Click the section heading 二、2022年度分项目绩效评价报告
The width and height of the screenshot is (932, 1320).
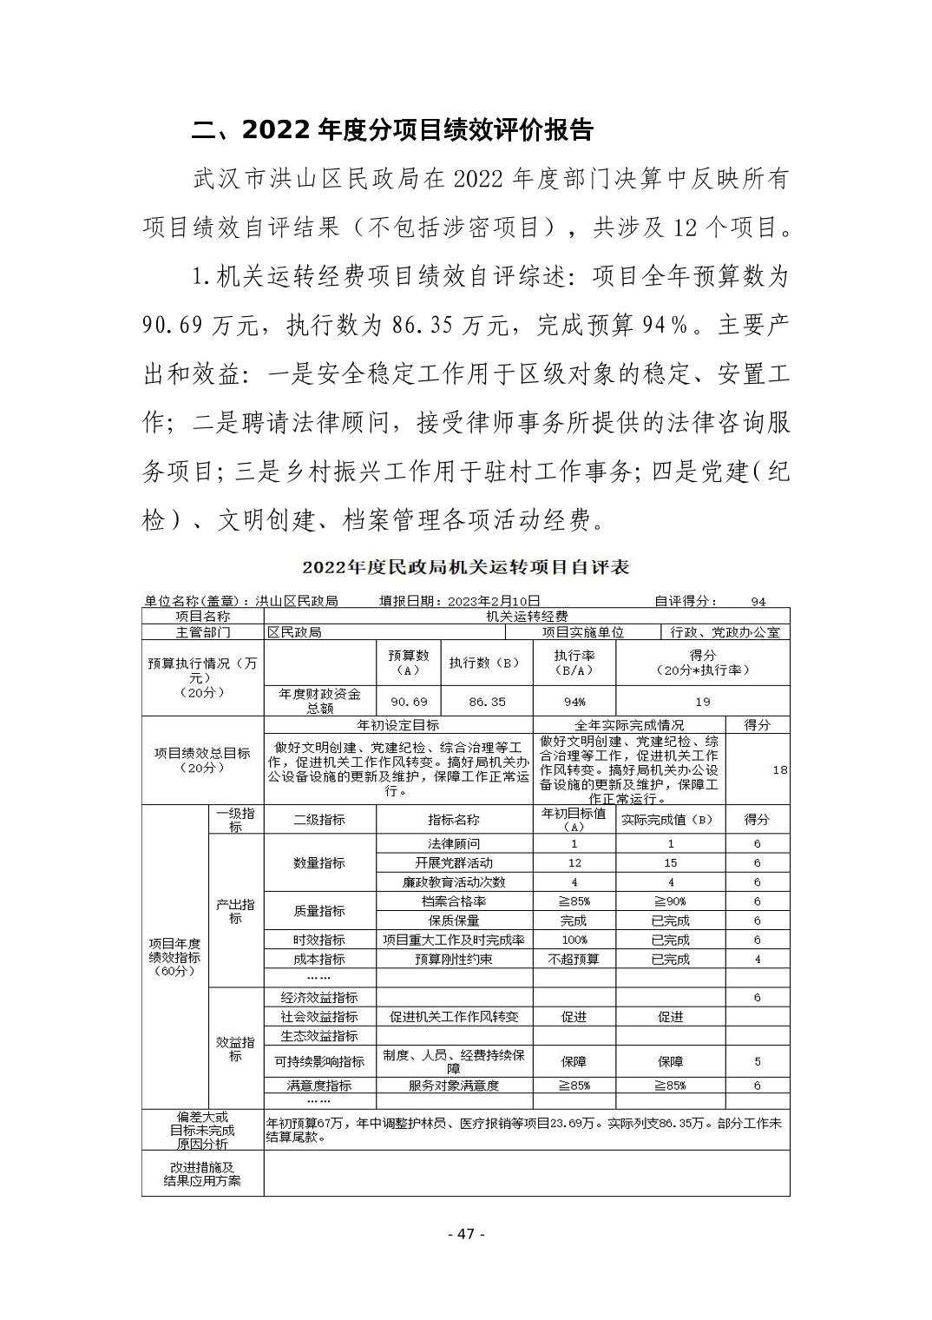click(x=391, y=130)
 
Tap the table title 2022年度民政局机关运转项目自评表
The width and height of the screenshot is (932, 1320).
click(x=465, y=567)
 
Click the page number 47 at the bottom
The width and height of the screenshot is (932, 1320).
click(x=465, y=1234)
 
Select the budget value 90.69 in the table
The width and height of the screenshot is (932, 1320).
click(x=409, y=702)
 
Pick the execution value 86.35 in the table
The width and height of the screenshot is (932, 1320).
click(x=487, y=702)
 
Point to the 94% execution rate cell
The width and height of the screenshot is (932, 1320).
click(x=574, y=702)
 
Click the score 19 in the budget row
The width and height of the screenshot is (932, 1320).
click(x=703, y=702)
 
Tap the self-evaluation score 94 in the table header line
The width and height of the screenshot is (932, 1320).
click(x=758, y=601)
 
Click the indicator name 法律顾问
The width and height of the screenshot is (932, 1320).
click(x=454, y=843)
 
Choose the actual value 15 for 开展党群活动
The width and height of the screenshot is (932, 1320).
click(x=670, y=862)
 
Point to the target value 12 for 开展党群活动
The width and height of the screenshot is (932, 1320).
click(x=574, y=862)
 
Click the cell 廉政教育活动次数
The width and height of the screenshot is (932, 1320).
click(x=454, y=881)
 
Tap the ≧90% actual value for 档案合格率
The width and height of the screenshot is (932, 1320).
click(x=670, y=901)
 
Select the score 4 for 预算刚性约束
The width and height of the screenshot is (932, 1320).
click(x=758, y=960)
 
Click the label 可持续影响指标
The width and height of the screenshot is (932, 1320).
click(x=319, y=1061)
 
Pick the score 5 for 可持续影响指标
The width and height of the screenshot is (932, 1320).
click(x=758, y=1061)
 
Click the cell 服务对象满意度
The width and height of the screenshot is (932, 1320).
click(x=454, y=1086)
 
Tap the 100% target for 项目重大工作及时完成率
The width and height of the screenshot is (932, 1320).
click(x=574, y=940)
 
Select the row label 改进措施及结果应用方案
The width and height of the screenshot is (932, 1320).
click(x=202, y=1174)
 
